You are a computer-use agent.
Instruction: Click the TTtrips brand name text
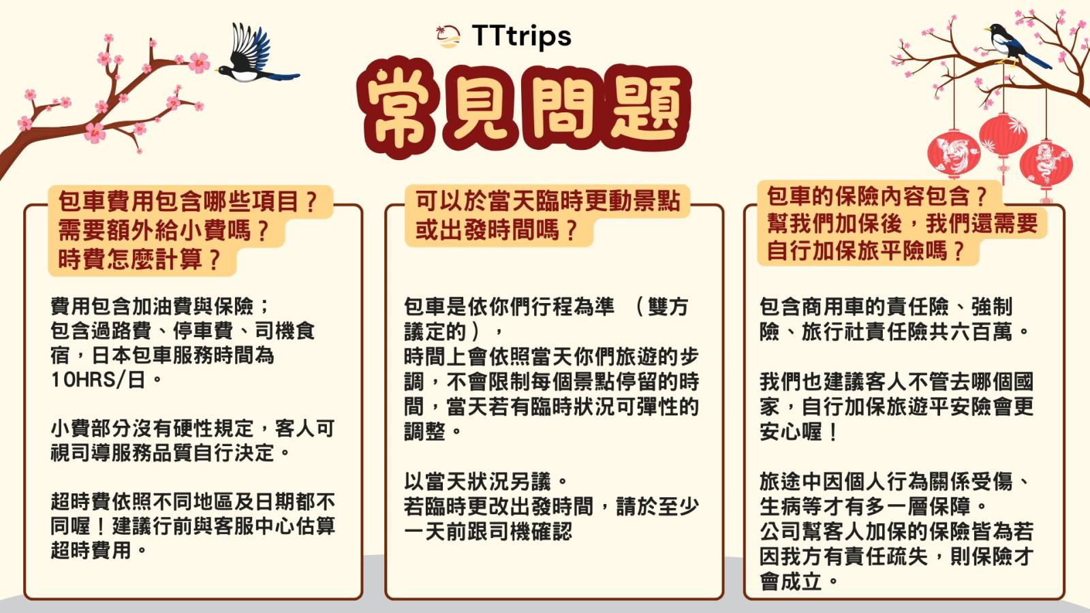(x=522, y=37)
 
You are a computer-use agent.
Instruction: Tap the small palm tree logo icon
(x=448, y=37)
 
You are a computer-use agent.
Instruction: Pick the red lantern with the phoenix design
(x=953, y=153)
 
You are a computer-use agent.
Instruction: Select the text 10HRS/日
(x=98, y=380)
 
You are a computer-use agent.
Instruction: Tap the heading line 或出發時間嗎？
(x=497, y=230)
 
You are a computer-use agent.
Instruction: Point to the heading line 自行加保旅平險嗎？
(x=865, y=251)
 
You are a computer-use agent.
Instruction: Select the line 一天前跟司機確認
(x=488, y=531)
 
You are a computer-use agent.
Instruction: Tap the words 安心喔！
(x=798, y=432)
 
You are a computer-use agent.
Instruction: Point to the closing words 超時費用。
(x=99, y=551)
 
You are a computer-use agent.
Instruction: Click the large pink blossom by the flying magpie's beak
(x=199, y=63)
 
